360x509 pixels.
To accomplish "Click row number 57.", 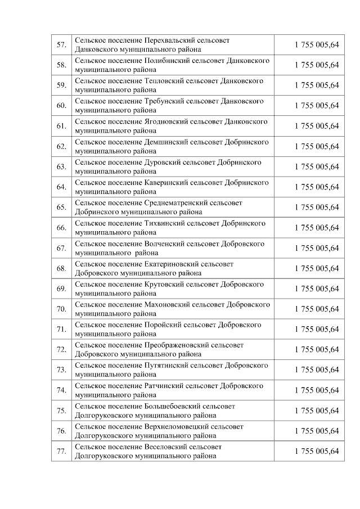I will [61, 45].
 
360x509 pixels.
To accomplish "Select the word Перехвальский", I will [170, 40].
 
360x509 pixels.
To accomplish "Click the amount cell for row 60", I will [317, 106].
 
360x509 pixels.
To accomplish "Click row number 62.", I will [61, 147].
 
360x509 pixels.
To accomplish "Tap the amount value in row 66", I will [317, 228].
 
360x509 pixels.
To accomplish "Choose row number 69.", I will [61, 289].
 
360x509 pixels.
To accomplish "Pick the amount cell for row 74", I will [317, 390].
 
